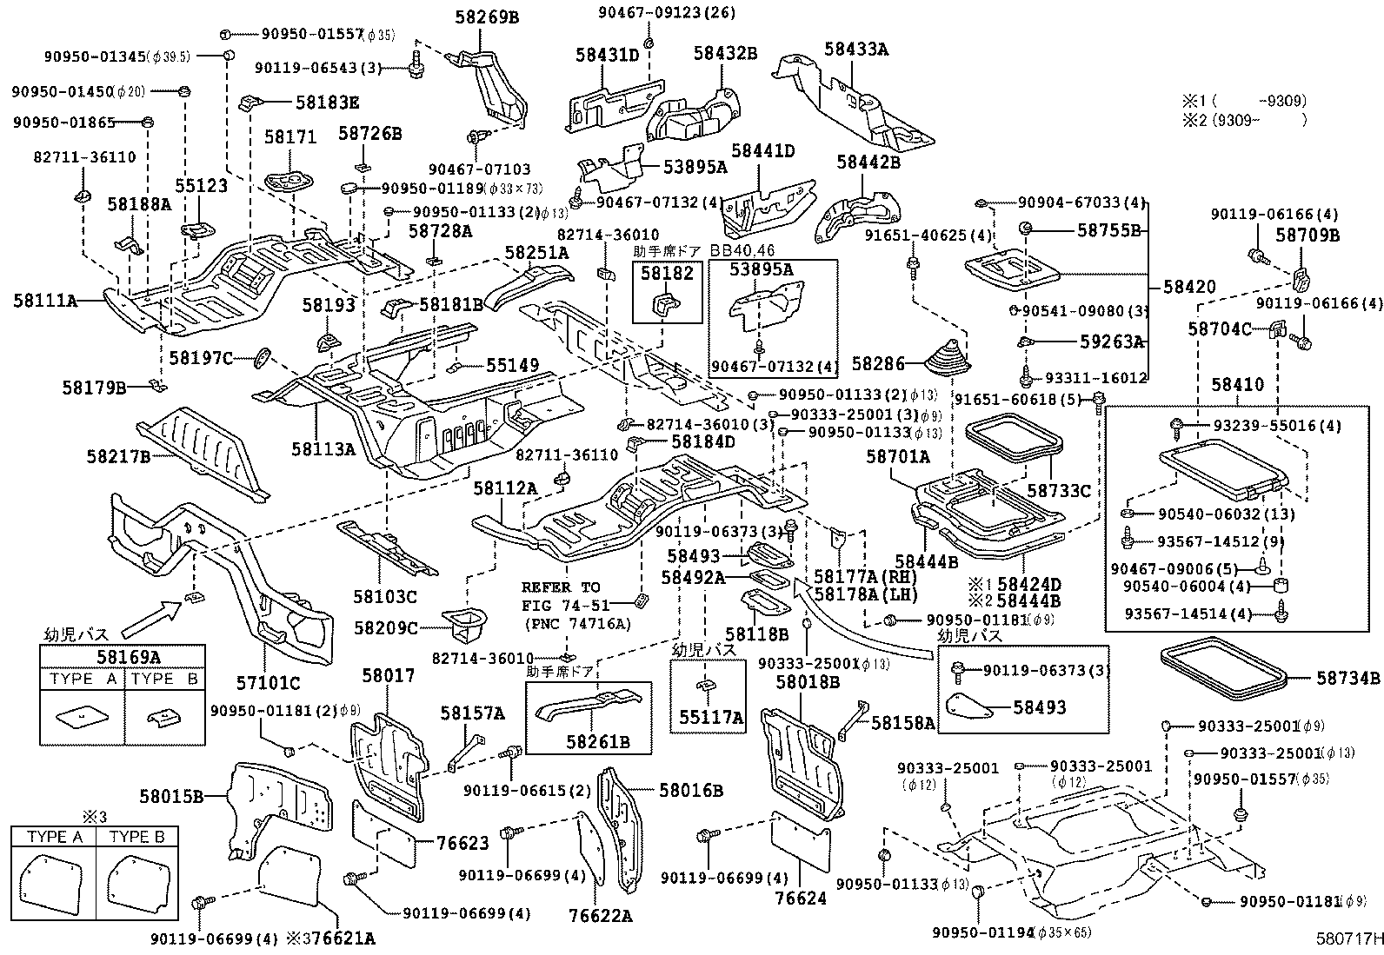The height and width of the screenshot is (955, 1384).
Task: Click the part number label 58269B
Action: click(486, 17)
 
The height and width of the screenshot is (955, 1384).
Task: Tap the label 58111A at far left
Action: click(44, 301)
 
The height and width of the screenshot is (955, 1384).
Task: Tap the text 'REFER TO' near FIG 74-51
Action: click(560, 587)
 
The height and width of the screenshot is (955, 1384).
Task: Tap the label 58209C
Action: click(386, 627)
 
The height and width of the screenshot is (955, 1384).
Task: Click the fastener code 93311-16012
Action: click(1095, 378)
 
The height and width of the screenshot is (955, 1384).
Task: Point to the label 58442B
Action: click(869, 161)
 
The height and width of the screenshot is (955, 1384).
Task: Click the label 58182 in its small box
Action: click(667, 274)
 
